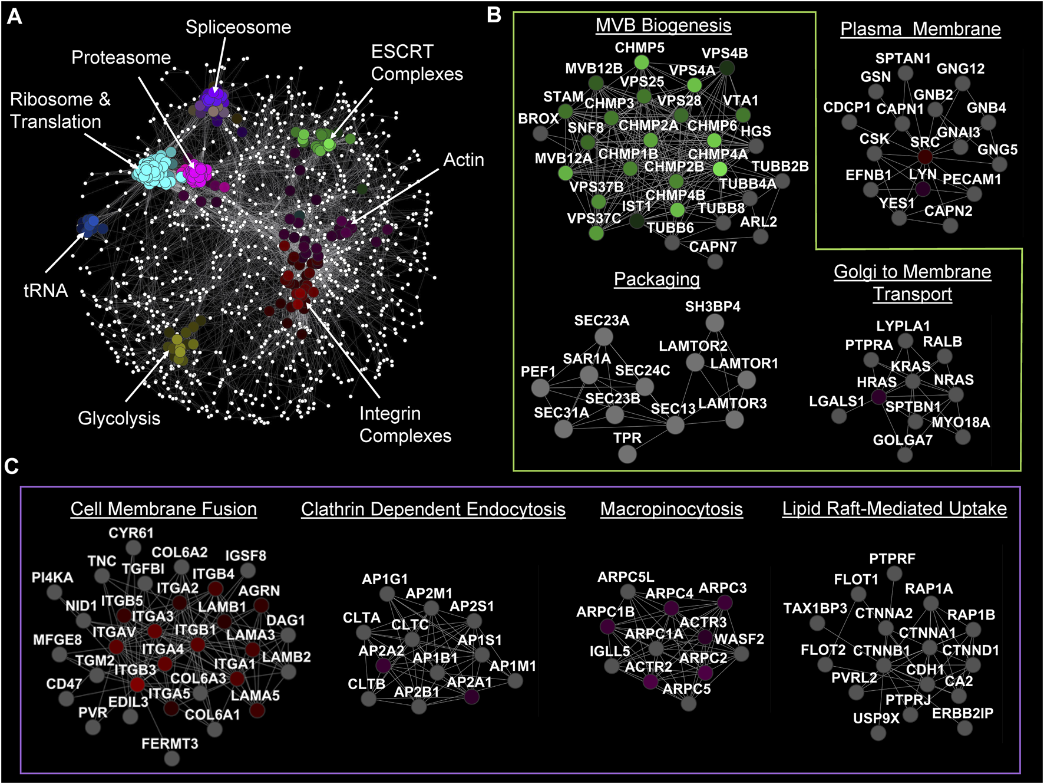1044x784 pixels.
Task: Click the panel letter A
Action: (x=14, y=16)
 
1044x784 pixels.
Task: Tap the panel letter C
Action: (x=11, y=466)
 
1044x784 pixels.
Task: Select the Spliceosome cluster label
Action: (x=238, y=27)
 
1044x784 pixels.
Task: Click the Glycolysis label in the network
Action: (x=119, y=418)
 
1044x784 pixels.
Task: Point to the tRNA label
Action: (x=45, y=291)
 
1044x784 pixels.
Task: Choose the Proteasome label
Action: (x=121, y=57)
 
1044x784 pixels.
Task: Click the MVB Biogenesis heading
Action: (x=663, y=25)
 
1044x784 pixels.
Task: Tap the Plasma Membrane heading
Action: (x=920, y=29)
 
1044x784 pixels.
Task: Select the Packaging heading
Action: (x=656, y=279)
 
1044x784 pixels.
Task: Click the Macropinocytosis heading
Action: (x=671, y=509)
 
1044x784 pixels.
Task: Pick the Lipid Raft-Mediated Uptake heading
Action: (x=894, y=508)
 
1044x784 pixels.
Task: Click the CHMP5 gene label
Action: (x=639, y=47)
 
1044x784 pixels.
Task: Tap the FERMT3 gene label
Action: (x=170, y=744)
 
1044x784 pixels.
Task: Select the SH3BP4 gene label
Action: (x=712, y=307)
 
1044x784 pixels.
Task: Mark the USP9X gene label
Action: (x=875, y=719)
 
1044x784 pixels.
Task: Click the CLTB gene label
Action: (x=366, y=684)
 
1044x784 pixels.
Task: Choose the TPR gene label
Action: (x=627, y=438)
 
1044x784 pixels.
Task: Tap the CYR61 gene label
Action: (x=131, y=533)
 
